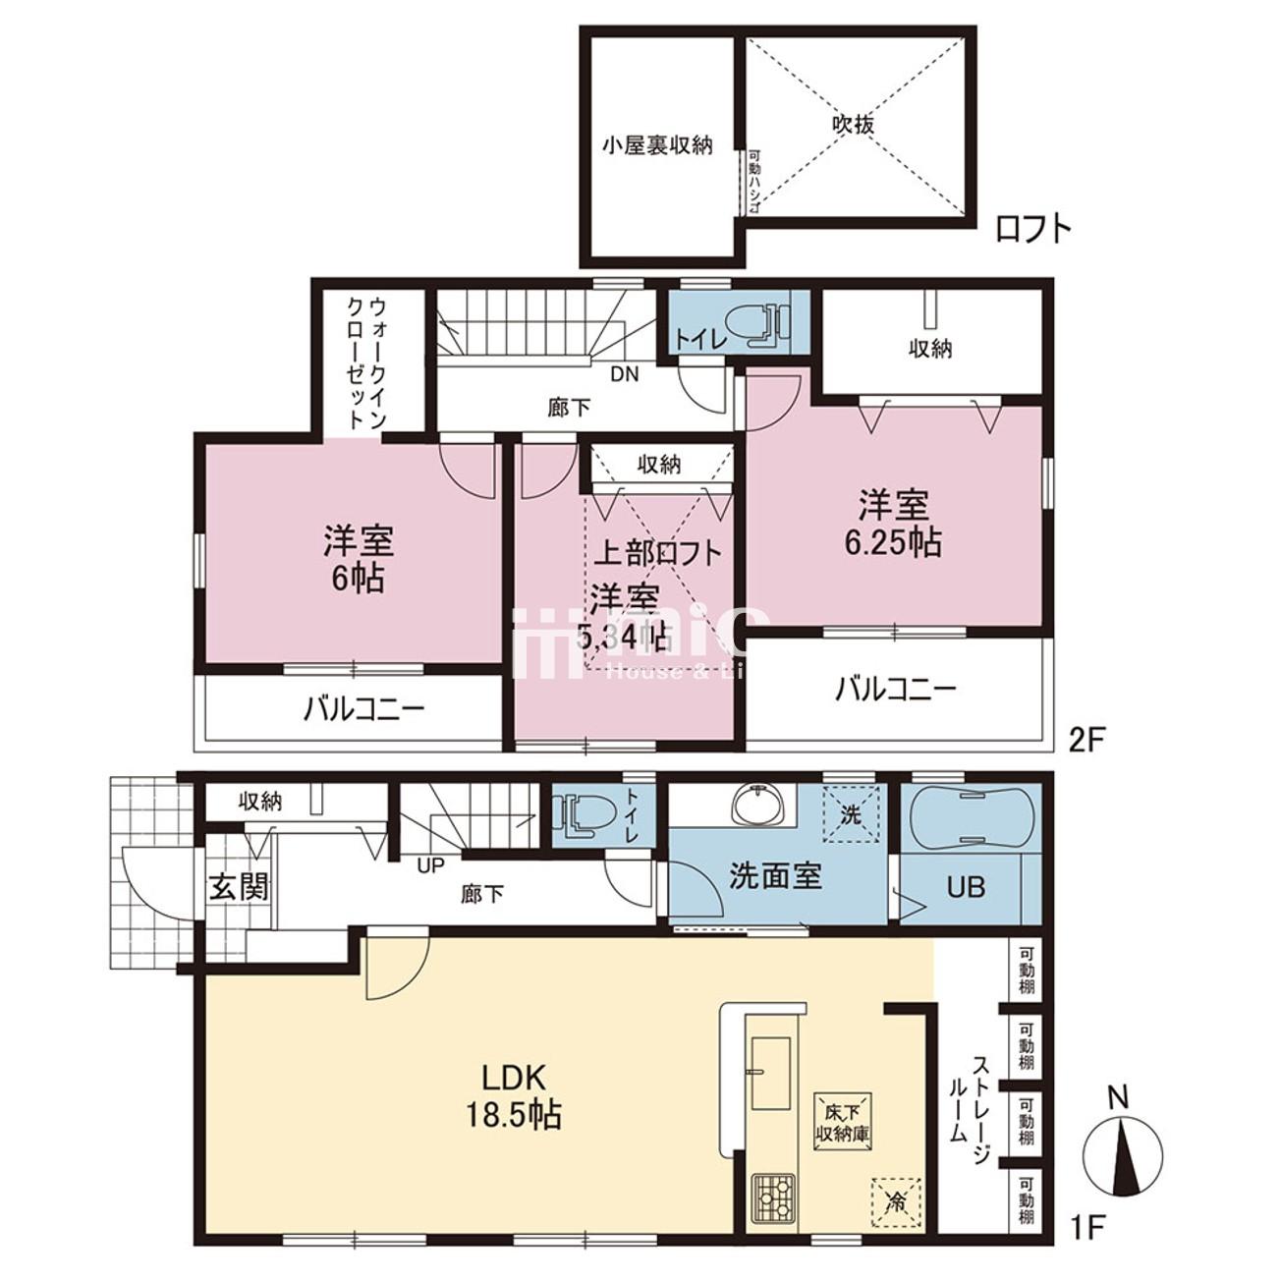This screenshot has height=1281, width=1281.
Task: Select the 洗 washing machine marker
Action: coord(849,815)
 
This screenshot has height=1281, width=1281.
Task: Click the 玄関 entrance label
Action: coord(237,888)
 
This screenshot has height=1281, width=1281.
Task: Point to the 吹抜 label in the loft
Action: coord(852,125)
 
